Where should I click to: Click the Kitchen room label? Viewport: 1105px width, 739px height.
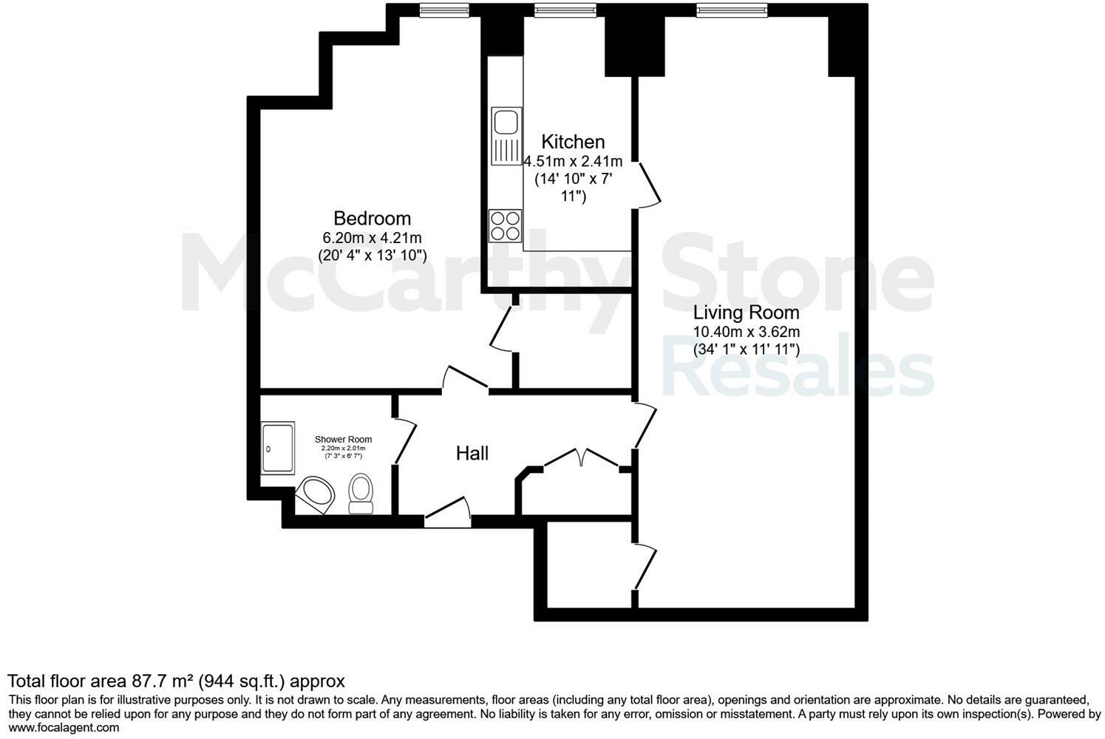pyautogui.click(x=573, y=142)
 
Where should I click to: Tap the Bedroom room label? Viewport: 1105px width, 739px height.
pyautogui.click(x=372, y=219)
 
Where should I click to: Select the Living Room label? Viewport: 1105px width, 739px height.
pyautogui.click(x=746, y=313)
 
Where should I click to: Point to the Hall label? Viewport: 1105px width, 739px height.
pyautogui.click(x=472, y=454)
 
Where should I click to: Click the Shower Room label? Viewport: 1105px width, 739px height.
pyautogui.click(x=343, y=440)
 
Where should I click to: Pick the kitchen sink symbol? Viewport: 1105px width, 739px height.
pyautogui.click(x=506, y=136)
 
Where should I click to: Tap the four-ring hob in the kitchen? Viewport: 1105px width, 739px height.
pyautogui.click(x=506, y=225)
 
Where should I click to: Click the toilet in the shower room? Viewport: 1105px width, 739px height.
pyautogui.click(x=361, y=494)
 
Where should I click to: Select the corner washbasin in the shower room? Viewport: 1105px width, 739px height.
pyautogui.click(x=316, y=493)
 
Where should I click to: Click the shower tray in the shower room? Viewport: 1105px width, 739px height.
pyautogui.click(x=277, y=449)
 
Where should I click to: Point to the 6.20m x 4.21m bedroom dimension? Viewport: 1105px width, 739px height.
pyautogui.click(x=372, y=238)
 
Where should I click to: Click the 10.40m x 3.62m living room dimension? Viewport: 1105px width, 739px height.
pyautogui.click(x=746, y=332)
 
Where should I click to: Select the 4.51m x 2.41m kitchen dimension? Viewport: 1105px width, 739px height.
pyautogui.click(x=573, y=161)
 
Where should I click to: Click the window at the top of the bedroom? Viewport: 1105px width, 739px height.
pyautogui.click(x=443, y=10)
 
